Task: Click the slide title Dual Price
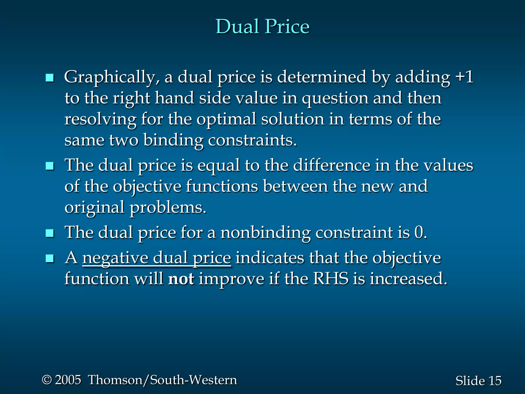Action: pyautogui.click(x=262, y=26)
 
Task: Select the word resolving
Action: pyautogui.click(x=100, y=120)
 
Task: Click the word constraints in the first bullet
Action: pyautogui.click(x=252, y=140)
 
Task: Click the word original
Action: pyautogui.click(x=94, y=208)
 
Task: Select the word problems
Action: pyautogui.click(x=168, y=208)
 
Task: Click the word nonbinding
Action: pyautogui.click(x=265, y=232)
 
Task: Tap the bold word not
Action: pyautogui.click(x=181, y=279)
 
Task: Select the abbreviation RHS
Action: pyautogui.click(x=330, y=279)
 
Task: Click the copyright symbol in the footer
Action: pyautogui.click(x=47, y=380)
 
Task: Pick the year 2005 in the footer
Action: pyautogui.click(x=68, y=380)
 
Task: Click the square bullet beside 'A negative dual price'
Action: pyautogui.click(x=49, y=258)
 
